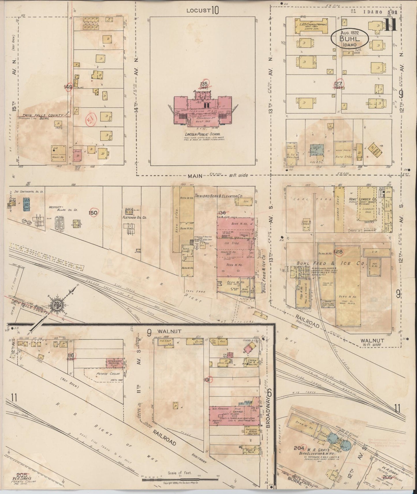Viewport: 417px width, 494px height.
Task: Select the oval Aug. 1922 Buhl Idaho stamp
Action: point(349,38)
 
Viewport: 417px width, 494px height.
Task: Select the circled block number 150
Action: point(93,213)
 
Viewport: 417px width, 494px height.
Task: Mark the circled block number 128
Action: point(338,252)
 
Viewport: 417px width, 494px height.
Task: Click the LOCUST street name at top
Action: point(198,11)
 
